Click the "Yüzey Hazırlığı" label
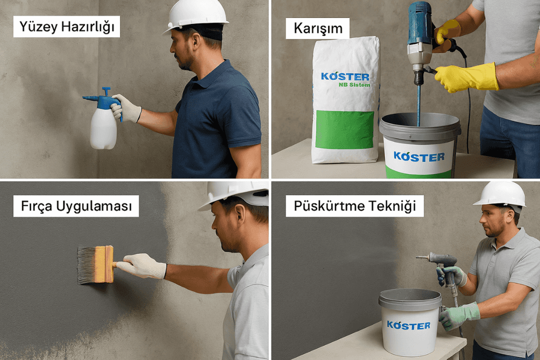tap(67, 26)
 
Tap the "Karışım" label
tap(318, 28)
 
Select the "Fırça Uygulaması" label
tap(76, 205)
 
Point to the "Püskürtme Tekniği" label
tap(354, 206)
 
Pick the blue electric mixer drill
tap(420, 41)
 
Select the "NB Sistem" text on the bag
tap(354, 84)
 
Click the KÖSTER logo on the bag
tap(345, 76)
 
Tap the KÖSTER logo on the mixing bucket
tap(419, 156)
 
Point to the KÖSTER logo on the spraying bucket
tap(408, 325)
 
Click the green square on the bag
tap(344, 129)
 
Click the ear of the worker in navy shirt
tap(196, 40)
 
